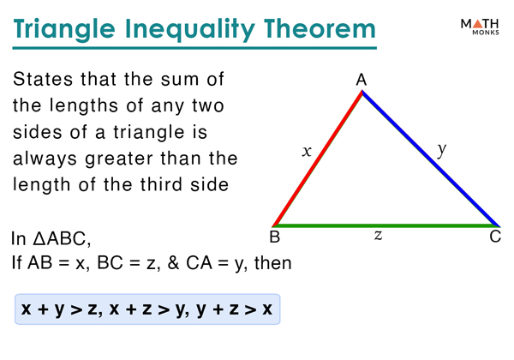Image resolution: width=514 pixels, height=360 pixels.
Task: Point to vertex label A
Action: point(362,80)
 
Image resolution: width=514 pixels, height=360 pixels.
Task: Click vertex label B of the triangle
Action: point(276,237)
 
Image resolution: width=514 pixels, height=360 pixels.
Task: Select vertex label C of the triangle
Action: point(494,237)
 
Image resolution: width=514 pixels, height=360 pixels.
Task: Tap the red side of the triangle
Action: point(317,158)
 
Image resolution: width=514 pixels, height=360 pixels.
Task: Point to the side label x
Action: point(307,152)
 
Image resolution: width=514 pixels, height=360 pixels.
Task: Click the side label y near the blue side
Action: point(441,149)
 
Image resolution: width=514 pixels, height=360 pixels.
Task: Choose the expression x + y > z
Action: point(58,309)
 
